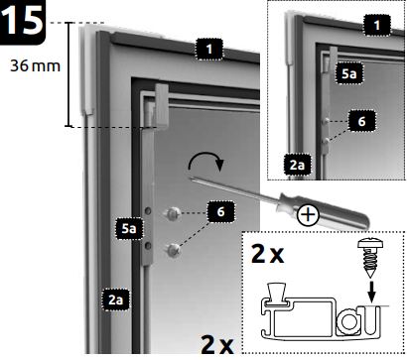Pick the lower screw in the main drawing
(174, 247)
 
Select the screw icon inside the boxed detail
(376, 252)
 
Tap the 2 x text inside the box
(271, 254)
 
